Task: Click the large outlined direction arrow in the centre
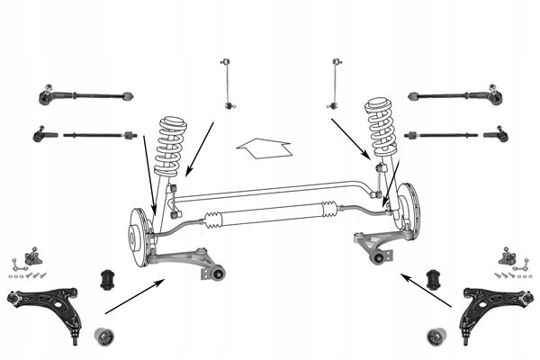pos(261,145)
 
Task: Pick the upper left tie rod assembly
pos(85,94)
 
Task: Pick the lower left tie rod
pos(86,135)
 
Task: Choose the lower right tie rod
pos(455,135)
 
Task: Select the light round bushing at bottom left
pos(106,338)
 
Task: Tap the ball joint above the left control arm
pos(36,256)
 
